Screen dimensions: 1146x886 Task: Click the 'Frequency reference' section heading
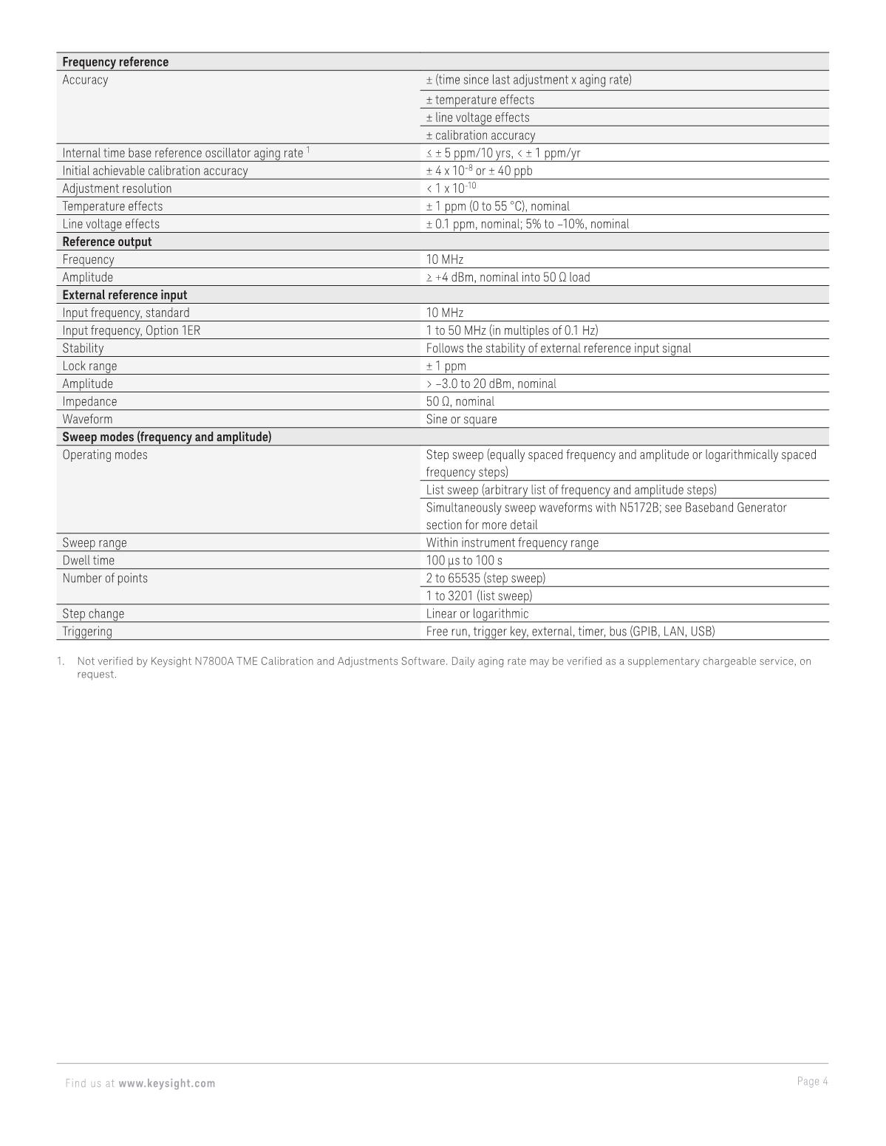[x=115, y=62]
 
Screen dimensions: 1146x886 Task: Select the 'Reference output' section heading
[x=107, y=242]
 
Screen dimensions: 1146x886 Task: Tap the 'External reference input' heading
[x=125, y=295]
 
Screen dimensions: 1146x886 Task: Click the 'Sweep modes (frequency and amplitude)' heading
[x=167, y=437]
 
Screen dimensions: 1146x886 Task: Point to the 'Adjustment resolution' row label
[x=117, y=188]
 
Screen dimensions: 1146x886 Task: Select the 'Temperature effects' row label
[x=112, y=206]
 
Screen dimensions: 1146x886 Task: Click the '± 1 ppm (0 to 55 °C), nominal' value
[x=498, y=206]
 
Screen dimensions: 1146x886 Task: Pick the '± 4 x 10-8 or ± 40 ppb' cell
[x=479, y=171]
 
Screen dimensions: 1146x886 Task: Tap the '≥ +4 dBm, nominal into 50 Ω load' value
[x=508, y=277]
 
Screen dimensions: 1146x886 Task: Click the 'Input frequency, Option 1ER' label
[x=131, y=330]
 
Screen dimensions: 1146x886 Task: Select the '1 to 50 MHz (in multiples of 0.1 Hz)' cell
[x=512, y=330]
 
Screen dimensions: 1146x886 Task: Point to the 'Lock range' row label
[x=89, y=366]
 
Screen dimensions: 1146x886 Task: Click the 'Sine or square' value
[x=461, y=419]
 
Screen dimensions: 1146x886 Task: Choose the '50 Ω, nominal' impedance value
[x=460, y=401]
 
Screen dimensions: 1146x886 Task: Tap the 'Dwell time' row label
[x=89, y=560]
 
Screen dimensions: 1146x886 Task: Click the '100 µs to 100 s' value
[x=464, y=560]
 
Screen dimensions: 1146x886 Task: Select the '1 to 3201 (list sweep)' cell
[x=479, y=596]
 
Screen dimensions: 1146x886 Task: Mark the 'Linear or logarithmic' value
[x=477, y=613]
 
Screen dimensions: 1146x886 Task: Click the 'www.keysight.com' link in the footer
[x=167, y=1083]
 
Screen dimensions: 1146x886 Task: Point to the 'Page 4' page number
[x=812, y=1081]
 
